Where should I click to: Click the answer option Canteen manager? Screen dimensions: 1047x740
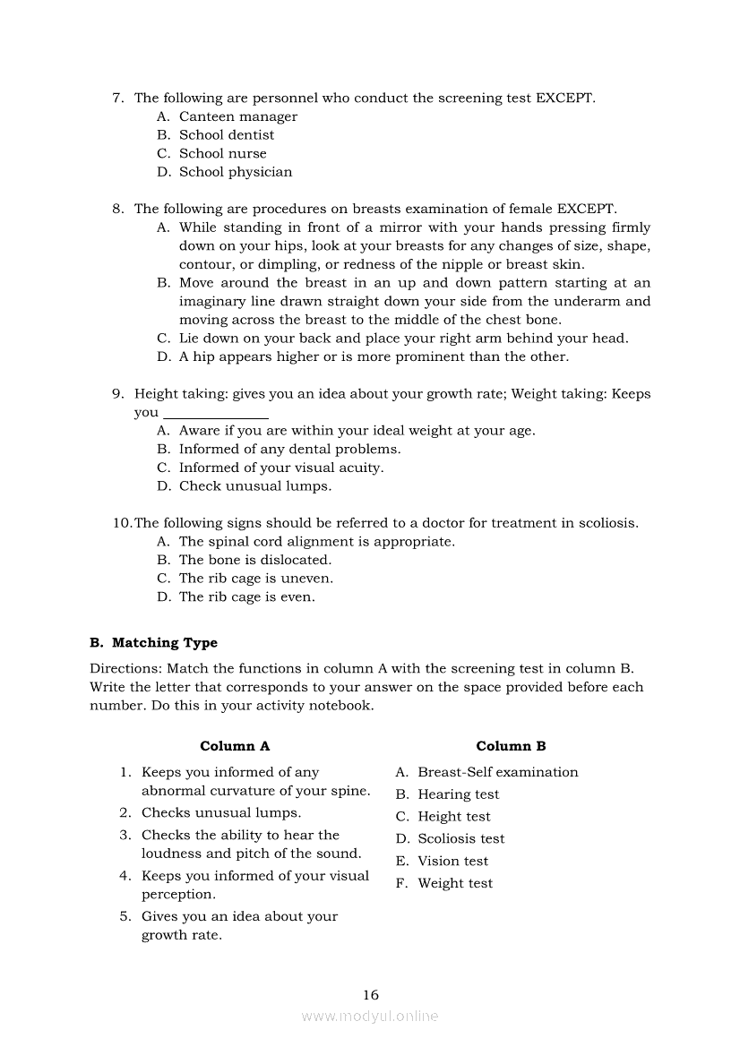coord(237,116)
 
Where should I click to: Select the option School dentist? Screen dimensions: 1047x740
coord(227,135)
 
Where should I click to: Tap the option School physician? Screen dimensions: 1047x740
coord(236,172)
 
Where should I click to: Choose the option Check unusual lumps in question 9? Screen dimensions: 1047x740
coord(254,486)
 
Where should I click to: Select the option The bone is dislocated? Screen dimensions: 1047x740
coord(255,560)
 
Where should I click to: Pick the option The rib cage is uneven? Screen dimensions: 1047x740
coord(255,579)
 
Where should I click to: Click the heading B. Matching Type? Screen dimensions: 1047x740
coord(153,643)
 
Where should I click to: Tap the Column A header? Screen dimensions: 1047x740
coord(235,746)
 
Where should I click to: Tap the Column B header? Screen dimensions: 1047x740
coord(511,746)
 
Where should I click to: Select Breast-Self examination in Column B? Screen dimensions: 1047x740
coord(497,772)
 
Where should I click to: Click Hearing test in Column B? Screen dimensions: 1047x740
coord(458,794)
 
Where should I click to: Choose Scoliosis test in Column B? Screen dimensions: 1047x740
coord(460,839)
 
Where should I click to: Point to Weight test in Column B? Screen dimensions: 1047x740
coord(455,883)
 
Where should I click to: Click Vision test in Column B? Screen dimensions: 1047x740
coord(452,861)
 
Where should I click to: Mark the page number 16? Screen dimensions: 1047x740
coord(371,994)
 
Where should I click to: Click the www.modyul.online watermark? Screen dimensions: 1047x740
coord(370,1017)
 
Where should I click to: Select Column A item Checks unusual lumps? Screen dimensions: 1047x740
coord(220,813)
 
